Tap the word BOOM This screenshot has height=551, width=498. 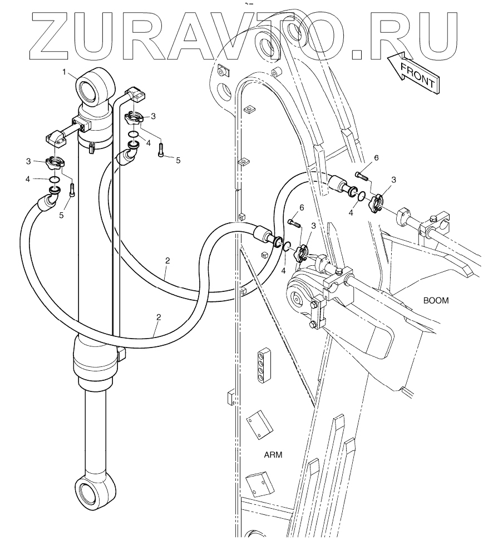436,300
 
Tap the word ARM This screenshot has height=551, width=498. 273,454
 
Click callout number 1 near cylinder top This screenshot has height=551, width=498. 65,72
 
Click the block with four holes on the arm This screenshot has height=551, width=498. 263,365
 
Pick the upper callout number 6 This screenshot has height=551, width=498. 376,158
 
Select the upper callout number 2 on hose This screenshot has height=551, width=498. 167,260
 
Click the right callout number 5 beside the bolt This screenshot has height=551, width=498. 178,160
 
